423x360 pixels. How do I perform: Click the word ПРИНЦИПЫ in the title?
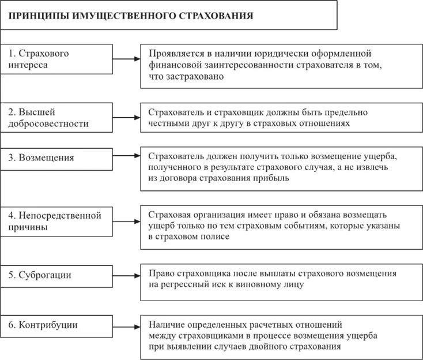coord(38,16)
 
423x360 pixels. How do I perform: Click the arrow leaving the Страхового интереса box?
coord(126,59)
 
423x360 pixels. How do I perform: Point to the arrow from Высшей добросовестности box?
coord(126,117)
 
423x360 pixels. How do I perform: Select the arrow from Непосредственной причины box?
coord(126,221)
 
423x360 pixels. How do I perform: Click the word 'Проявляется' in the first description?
coord(176,54)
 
